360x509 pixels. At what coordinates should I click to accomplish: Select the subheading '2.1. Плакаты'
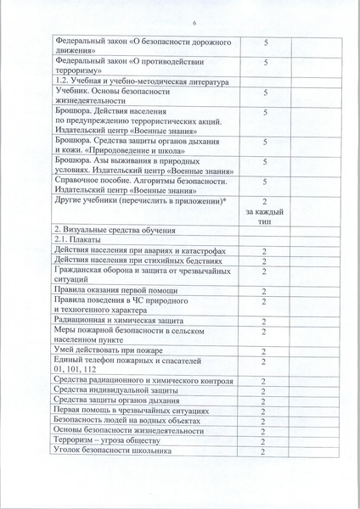[x=75, y=241]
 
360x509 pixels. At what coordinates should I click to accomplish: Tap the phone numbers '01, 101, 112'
[x=74, y=370]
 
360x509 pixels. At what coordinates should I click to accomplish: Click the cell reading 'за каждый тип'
[x=265, y=213]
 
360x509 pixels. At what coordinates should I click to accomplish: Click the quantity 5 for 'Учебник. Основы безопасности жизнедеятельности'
[x=265, y=94]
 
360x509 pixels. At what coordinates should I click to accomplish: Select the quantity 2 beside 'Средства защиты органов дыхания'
[x=265, y=401]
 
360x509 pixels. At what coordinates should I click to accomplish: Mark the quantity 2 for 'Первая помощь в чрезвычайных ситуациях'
[x=265, y=411]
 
